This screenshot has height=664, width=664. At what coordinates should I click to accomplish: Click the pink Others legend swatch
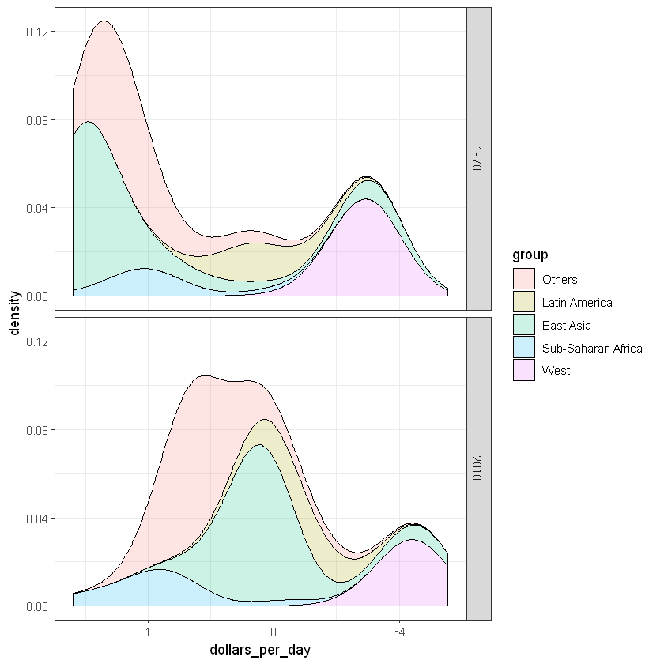coord(524,279)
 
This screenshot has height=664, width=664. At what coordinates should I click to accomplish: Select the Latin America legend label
coord(577,302)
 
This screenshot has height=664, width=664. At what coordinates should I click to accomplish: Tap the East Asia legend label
coord(566,325)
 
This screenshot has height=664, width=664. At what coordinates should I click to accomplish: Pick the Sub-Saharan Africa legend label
coord(592,348)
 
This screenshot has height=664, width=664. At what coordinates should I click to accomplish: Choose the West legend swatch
coord(524,370)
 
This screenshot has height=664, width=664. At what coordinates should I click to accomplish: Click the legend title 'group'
coord(530,255)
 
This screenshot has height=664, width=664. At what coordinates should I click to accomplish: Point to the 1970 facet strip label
coord(478,159)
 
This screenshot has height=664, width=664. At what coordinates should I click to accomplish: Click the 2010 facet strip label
coord(478,469)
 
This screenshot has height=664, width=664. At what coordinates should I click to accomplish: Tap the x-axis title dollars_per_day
coord(260,650)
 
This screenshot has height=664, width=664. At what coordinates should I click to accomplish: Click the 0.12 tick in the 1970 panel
coord(38,32)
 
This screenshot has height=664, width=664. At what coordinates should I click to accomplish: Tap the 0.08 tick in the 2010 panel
coord(38,430)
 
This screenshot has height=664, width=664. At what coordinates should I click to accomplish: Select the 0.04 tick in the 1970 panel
coord(38,208)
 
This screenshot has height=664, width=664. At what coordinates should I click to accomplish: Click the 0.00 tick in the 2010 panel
coord(38,606)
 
